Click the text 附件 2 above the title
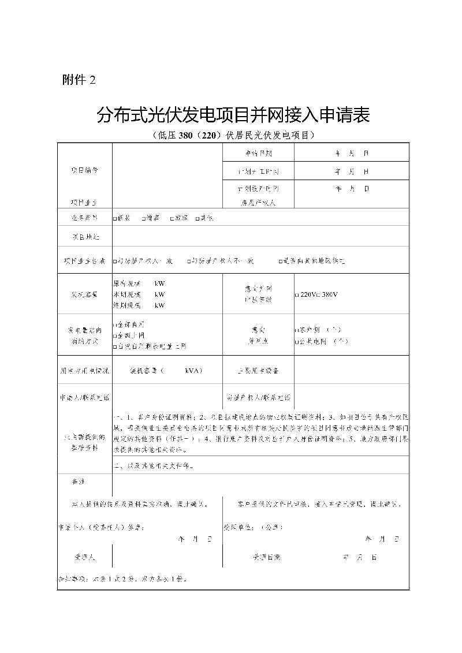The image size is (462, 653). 79,81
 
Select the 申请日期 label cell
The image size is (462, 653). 258,154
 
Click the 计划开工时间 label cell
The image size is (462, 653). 258,172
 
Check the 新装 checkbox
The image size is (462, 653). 115,218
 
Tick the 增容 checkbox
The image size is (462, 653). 143,218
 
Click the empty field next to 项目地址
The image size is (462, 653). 260,237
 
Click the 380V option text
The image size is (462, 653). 328,294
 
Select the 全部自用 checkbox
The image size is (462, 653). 115,325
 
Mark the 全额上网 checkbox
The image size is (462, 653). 115,335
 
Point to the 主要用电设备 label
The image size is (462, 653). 258,371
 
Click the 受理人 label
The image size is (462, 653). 84,558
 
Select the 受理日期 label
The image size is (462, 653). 266,558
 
